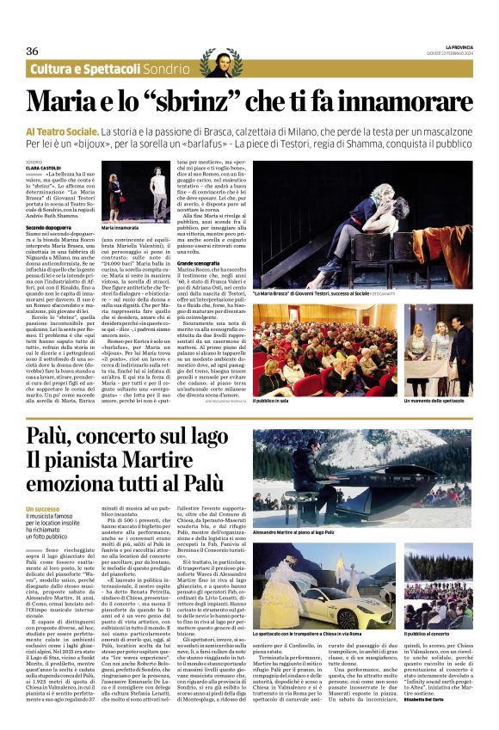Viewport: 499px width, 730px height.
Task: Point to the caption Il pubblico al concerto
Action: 429,633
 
